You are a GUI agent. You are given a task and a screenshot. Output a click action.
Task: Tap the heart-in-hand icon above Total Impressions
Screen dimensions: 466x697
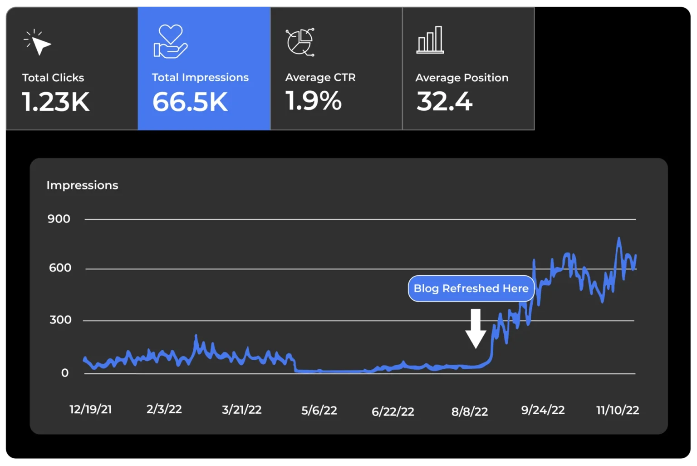(x=170, y=41)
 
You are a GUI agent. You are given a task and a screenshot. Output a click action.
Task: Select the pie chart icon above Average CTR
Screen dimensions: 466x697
(x=300, y=42)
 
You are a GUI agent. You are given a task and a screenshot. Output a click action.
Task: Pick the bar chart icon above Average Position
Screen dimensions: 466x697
(x=430, y=40)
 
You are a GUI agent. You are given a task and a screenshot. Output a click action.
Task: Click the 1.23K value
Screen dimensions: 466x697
(x=55, y=102)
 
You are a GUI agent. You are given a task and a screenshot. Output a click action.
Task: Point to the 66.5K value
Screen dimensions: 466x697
(x=190, y=102)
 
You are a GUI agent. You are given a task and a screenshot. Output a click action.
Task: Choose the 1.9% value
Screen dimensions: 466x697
(x=313, y=101)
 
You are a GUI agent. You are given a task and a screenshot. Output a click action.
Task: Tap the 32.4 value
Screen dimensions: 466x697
(x=444, y=101)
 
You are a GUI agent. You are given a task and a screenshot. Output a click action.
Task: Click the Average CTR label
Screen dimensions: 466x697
(x=320, y=78)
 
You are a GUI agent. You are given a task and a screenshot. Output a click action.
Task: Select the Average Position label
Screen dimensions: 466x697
(x=461, y=78)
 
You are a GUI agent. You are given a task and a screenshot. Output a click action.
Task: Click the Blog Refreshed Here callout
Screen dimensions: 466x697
(x=471, y=288)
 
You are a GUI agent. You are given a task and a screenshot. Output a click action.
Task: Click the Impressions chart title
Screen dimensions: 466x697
(x=82, y=185)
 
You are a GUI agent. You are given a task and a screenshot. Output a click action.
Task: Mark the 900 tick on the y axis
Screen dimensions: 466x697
(x=59, y=219)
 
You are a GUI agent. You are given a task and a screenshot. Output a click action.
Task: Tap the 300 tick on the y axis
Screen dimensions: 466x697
(x=60, y=320)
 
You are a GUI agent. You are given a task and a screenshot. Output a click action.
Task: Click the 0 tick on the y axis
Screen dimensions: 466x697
(x=65, y=373)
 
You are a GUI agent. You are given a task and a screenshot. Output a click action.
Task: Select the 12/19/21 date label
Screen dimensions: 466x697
(x=90, y=410)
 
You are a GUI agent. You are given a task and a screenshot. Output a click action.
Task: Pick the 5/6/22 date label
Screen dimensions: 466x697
(x=319, y=411)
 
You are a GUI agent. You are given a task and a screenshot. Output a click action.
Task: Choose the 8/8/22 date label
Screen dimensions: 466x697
(x=469, y=411)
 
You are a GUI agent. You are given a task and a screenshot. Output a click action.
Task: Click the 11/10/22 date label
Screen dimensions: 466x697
(x=617, y=411)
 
